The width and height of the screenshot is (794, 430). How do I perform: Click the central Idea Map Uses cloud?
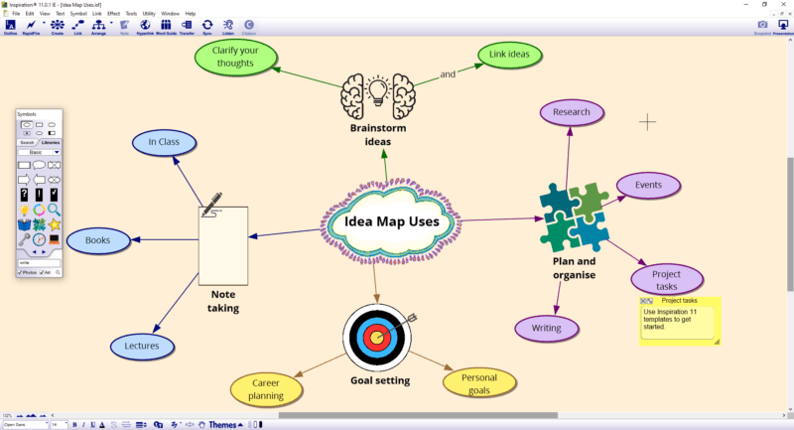pyautogui.click(x=391, y=222)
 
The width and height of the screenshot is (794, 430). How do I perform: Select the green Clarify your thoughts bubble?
pyautogui.click(x=235, y=56)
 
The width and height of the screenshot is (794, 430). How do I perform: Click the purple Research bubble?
pyautogui.click(x=571, y=112)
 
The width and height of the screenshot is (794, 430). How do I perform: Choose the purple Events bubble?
pyautogui.click(x=648, y=185)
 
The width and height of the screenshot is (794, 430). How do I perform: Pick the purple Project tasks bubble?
pyautogui.click(x=666, y=279)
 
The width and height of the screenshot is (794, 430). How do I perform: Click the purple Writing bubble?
pyautogui.click(x=546, y=328)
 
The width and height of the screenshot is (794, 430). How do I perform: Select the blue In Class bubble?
pyautogui.click(x=164, y=142)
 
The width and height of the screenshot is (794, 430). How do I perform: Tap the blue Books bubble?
pyautogui.click(x=97, y=239)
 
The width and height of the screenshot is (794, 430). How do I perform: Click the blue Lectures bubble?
pyautogui.click(x=142, y=346)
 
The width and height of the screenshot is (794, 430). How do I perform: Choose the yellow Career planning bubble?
pyautogui.click(x=266, y=388)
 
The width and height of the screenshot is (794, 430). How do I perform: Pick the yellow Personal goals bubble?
pyautogui.click(x=479, y=383)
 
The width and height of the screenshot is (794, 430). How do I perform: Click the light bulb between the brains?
pyautogui.click(x=377, y=91)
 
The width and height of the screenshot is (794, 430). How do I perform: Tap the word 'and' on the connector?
pyautogui.click(x=448, y=73)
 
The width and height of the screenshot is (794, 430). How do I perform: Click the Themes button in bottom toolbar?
pyautogui.click(x=222, y=424)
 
